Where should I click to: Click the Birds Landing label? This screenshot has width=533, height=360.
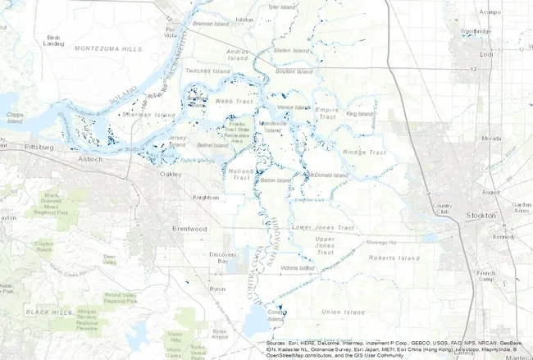pyautogui.click(x=54, y=41)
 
